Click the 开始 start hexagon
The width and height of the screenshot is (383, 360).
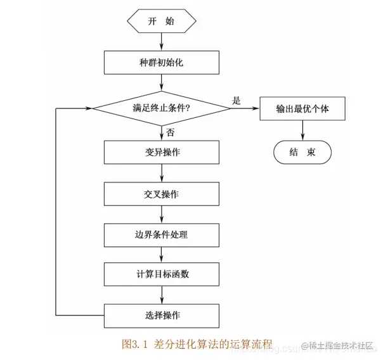pyautogui.click(x=161, y=22)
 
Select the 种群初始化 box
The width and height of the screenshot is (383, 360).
pyautogui.click(x=161, y=62)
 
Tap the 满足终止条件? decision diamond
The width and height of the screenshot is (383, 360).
pyautogui.click(x=161, y=108)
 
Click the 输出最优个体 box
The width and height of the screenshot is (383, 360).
pyautogui.click(x=302, y=108)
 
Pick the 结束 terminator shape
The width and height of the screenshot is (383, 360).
pyautogui.click(x=302, y=152)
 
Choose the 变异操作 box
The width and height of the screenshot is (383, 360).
pyautogui.click(x=161, y=153)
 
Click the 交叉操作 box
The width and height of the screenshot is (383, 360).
pyautogui.click(x=161, y=194)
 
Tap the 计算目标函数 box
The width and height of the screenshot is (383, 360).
pyautogui.click(x=161, y=274)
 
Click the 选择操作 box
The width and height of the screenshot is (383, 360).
pyautogui.click(x=161, y=315)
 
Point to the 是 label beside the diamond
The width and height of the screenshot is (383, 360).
pyautogui.click(x=237, y=100)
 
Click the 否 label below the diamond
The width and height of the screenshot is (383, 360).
pyautogui.click(x=171, y=132)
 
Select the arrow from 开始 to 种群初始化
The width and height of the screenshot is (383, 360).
pyautogui.click(x=161, y=41)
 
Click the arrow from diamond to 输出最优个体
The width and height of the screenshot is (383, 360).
pyautogui.click(x=245, y=108)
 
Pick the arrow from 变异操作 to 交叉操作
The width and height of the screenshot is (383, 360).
pyautogui.click(x=161, y=173)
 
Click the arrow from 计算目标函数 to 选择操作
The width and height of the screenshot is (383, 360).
pyautogui.click(x=161, y=295)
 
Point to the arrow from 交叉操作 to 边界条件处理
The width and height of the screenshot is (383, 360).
pyautogui.click(x=161, y=214)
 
